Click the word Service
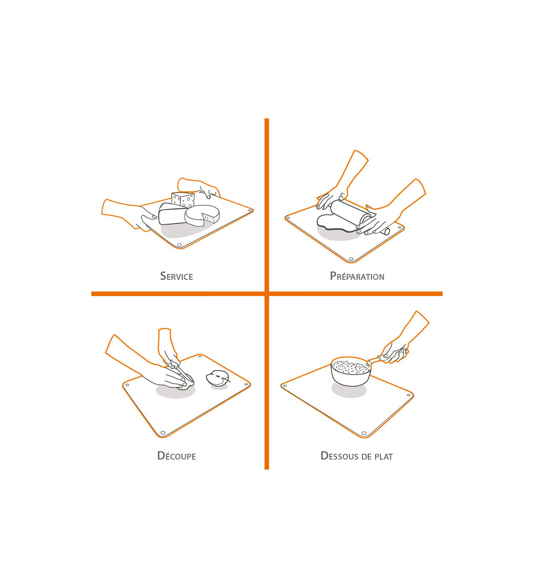pos(176,276)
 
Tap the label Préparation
pos(357,276)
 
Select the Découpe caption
pos(176,455)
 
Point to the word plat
pos(383,456)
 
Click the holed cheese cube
pos(183,200)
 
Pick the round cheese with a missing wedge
pos(202,216)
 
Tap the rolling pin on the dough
pos(359,216)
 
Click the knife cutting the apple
pos(182,372)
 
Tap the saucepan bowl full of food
pos(351,372)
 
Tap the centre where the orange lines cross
pos(267,294)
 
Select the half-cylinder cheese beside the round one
pos(172,214)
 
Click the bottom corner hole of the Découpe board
pos(163,433)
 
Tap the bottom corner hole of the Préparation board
pos(351,259)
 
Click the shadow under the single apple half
pos(219,387)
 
